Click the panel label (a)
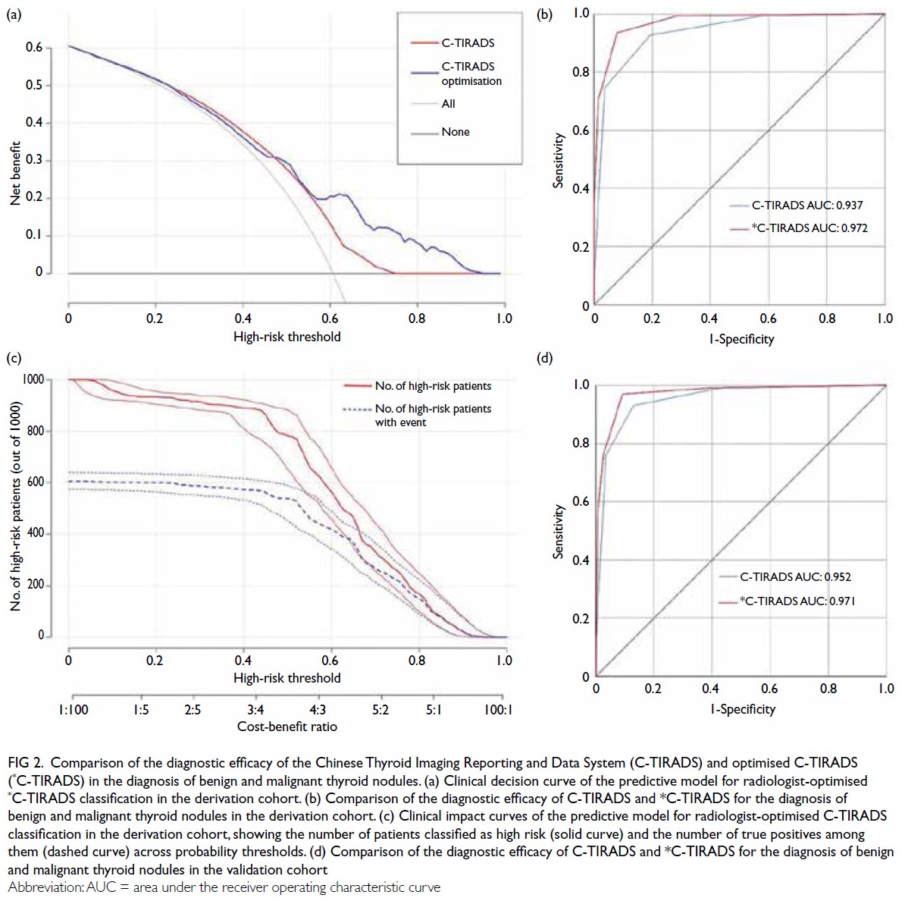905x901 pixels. coord(14,13)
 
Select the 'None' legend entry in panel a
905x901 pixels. coord(455,132)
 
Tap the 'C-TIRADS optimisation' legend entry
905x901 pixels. coord(471,74)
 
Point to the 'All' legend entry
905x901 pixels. coord(448,104)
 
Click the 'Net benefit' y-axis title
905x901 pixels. coord(15,173)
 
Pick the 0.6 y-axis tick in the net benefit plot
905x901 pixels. coord(35,48)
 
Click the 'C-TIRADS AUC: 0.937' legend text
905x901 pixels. coord(806,205)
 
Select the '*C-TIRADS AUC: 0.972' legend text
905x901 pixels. coord(809,228)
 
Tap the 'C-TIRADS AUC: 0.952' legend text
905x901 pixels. coord(795,576)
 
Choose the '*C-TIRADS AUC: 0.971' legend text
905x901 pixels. coord(798,601)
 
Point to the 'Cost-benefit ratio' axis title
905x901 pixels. coord(287,727)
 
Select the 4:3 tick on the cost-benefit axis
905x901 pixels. coord(318,710)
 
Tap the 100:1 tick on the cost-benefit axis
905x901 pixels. coord(499,710)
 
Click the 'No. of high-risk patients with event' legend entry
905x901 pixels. coord(433,415)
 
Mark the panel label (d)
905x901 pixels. coord(544,357)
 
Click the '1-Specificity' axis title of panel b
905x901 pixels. coord(741,339)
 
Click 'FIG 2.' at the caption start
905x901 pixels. coord(27,762)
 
